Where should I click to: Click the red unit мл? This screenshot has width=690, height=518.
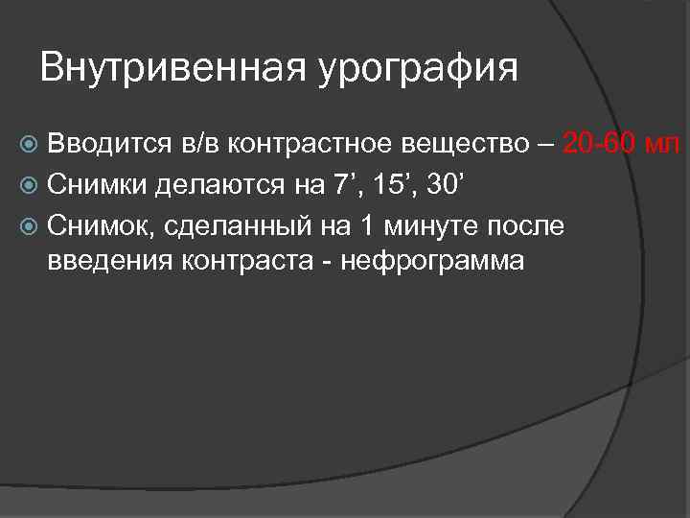click(x=664, y=145)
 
